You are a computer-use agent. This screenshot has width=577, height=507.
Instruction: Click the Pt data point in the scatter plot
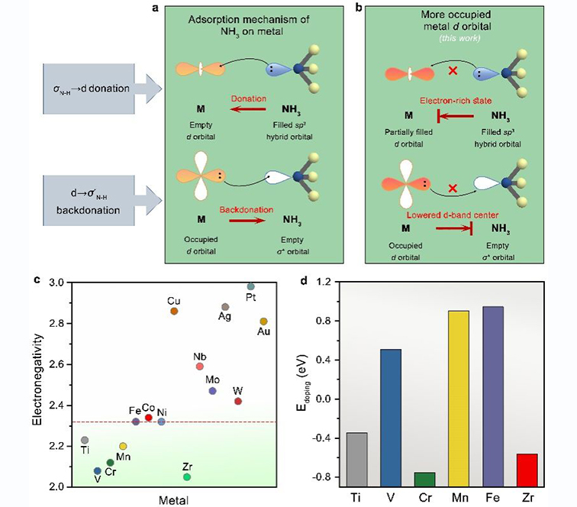[x=250, y=286]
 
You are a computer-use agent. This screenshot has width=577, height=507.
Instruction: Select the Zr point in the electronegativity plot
[x=187, y=477]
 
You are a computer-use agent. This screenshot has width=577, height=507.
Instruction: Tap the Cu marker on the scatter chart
[x=174, y=312]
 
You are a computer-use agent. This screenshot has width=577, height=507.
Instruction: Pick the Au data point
[x=264, y=321]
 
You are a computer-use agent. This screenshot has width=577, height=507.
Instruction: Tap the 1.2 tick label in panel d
[x=324, y=282]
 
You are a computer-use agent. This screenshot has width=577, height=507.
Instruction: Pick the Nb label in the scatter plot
[x=199, y=356]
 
